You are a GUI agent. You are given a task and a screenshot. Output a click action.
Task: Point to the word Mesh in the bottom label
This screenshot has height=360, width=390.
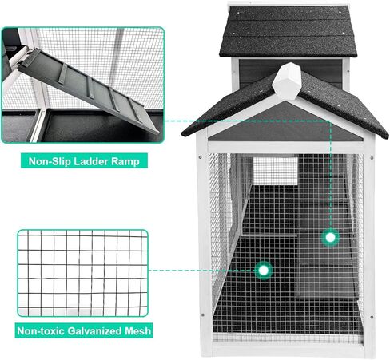[x=137, y=329]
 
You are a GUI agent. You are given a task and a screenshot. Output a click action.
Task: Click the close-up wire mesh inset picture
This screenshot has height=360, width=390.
[x=82, y=271]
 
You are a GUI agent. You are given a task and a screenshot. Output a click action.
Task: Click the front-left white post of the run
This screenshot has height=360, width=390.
[x=202, y=239]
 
